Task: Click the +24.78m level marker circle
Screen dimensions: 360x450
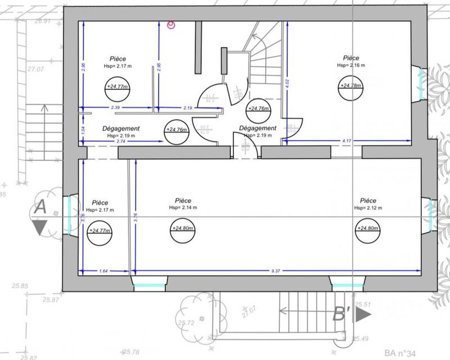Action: pyautogui.click(x=350, y=85)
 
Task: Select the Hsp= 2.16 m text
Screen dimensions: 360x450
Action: pyautogui.click(x=351, y=66)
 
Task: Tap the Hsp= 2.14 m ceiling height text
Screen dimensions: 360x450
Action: pyautogui.click(x=183, y=208)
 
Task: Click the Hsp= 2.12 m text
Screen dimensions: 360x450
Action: pyautogui.click(x=368, y=208)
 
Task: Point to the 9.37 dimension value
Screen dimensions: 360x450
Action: pyautogui.click(x=276, y=271)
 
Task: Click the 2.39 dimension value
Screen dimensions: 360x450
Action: pyautogui.click(x=115, y=107)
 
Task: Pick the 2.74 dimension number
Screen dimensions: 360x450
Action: pyautogui.click(x=121, y=141)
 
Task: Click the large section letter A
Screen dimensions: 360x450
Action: pyautogui.click(x=40, y=207)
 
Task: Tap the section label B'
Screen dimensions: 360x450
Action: pyautogui.click(x=342, y=314)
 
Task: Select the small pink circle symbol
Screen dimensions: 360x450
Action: pyautogui.click(x=172, y=24)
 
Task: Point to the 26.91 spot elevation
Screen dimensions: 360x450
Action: pyautogui.click(x=43, y=21)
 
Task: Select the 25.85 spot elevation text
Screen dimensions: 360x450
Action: pyautogui.click(x=20, y=286)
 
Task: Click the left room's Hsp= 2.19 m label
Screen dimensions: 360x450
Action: pyautogui.click(x=121, y=136)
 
